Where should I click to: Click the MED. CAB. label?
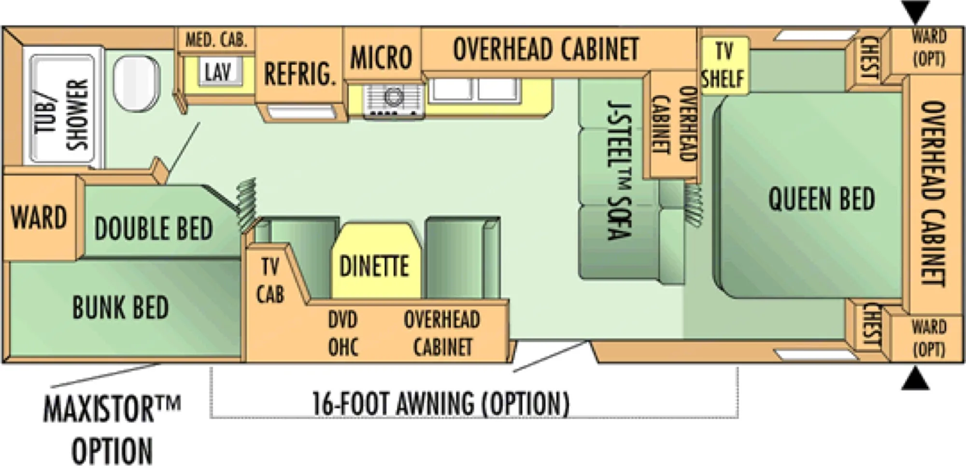click(x=216, y=39)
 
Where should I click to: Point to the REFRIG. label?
click(x=299, y=74)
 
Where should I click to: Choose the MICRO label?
click(x=381, y=57)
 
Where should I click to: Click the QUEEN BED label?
click(x=822, y=199)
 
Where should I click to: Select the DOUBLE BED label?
click(x=153, y=228)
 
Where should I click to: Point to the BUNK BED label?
click(x=121, y=308)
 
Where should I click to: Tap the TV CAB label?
click(x=270, y=280)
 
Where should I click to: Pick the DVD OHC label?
click(x=343, y=333)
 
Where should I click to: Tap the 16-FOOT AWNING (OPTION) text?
click(x=440, y=403)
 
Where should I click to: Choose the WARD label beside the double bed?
click(x=39, y=217)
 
